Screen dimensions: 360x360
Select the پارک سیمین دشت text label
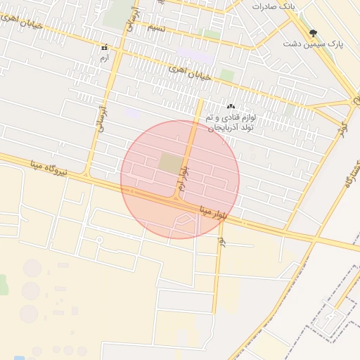coord(313,44)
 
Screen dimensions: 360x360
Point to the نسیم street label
coord(156,28)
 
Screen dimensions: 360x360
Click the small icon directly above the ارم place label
coord(104,48)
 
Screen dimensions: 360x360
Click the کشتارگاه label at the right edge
coord(349,173)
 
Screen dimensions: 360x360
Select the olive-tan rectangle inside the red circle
coord(170,164)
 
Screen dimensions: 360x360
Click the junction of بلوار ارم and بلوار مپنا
coord(176,199)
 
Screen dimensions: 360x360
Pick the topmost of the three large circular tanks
coord(32,268)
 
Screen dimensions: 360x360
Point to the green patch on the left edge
coord(3,284)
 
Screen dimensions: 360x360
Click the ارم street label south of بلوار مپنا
coord(221,241)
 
